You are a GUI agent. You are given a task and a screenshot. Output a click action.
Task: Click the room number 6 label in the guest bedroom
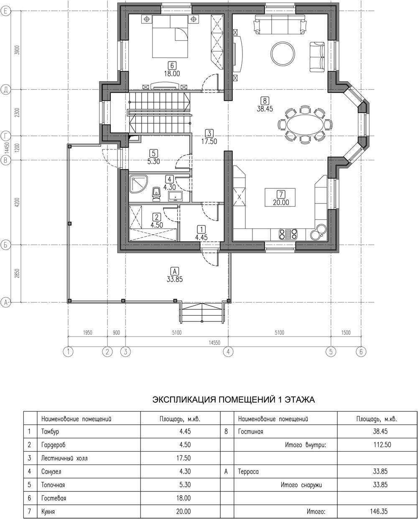tap(172, 65)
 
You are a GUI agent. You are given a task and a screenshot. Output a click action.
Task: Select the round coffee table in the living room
tap(283, 53)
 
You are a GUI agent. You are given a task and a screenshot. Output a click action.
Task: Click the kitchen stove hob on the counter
tap(288, 234)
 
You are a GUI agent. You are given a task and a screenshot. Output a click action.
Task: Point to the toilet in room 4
tap(156, 194)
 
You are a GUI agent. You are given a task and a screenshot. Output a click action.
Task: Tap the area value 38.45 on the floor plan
tap(265, 109)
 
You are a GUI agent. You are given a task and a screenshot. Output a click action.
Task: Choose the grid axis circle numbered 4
tap(228, 352)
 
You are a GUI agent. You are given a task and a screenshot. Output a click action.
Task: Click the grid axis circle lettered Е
tap(6, 11)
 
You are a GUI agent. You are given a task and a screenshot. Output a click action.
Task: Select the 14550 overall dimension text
tap(214, 343)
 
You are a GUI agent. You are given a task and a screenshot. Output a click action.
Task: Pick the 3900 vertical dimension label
tap(17, 50)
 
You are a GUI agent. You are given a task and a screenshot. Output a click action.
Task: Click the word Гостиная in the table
tap(250, 431)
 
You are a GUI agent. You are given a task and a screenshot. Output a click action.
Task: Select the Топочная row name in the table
tap(53, 485)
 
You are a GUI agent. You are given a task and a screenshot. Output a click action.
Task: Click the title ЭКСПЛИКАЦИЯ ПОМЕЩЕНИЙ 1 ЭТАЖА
tap(234, 400)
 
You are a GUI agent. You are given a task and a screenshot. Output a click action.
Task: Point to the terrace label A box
tap(174, 271)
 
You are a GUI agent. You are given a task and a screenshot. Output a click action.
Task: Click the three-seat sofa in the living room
tap(280, 24)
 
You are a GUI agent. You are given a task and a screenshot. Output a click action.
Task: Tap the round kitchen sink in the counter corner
tap(319, 231)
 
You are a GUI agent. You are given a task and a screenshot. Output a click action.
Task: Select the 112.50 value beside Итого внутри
tap(382, 444)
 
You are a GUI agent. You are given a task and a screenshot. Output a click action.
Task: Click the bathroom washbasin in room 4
tap(176, 196)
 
